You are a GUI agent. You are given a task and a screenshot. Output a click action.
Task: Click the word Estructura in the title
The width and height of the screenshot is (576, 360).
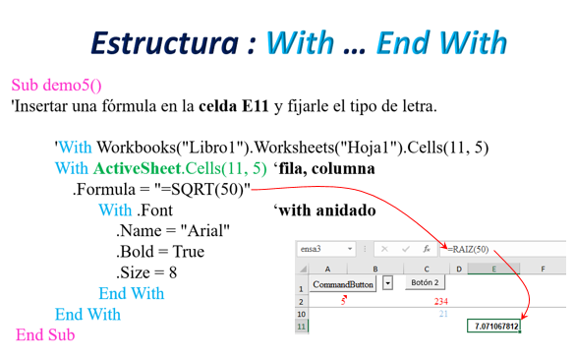[164, 43]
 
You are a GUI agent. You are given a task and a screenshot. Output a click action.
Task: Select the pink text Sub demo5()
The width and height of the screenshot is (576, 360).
[56, 85]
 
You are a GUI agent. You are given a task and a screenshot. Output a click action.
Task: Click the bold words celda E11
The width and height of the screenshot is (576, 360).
[234, 106]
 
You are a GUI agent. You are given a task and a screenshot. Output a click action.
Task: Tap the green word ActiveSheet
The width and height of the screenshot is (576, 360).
[138, 168]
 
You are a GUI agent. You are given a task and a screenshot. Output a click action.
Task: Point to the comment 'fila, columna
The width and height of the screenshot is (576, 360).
[324, 169]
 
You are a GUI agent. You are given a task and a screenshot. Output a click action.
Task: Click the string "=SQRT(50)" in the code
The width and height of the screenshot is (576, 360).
[202, 190]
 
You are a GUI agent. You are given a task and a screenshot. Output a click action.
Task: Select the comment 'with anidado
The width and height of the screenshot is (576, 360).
[324, 210]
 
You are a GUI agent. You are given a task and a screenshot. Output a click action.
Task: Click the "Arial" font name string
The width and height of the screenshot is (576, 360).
[205, 231]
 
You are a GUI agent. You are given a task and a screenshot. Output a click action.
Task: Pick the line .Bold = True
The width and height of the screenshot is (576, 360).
[160, 252]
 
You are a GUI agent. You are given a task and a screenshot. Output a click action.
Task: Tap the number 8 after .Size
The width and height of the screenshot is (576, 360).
[173, 272]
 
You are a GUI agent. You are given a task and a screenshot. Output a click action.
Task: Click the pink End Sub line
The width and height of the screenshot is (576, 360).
[45, 335]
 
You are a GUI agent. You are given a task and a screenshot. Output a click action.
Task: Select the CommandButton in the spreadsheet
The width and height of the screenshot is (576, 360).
[343, 284]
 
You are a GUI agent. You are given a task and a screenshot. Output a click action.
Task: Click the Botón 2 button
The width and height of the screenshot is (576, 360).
[425, 282]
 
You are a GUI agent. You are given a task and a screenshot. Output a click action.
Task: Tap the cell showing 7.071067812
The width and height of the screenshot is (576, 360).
[493, 326]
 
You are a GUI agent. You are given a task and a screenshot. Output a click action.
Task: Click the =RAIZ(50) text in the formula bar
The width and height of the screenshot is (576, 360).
[468, 249]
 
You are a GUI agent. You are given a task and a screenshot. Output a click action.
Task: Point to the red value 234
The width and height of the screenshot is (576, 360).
[440, 302]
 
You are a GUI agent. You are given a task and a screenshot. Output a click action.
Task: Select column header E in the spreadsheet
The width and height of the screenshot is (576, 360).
[493, 269]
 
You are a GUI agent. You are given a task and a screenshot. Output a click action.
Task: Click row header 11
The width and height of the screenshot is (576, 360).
[301, 327]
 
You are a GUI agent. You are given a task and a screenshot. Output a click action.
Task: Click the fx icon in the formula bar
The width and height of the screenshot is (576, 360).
[427, 249]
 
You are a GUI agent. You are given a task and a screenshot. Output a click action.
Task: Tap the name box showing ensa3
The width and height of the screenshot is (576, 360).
[325, 249]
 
